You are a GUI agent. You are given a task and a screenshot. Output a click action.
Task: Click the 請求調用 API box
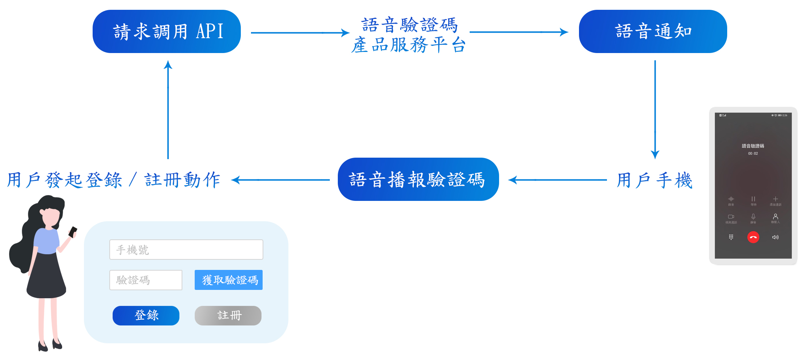[167, 32]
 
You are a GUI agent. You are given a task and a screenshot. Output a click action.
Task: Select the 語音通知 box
[653, 32]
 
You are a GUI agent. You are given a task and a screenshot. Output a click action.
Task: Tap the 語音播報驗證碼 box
[418, 179]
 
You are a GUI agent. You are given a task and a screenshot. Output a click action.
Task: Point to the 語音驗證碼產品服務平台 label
[409, 35]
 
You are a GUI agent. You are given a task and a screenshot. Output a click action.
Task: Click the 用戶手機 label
[655, 180]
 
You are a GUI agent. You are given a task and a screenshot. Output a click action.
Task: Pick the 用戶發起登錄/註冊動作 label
[114, 180]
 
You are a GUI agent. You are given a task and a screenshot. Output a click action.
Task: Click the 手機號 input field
[186, 250]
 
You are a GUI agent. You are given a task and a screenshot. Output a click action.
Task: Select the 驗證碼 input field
[146, 280]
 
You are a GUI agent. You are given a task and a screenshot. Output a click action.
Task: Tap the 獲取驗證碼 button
[228, 280]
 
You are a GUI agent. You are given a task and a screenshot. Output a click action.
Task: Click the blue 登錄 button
[146, 315]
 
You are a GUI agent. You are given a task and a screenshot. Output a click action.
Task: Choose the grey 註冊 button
[228, 315]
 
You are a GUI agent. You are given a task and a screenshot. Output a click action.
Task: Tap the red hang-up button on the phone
[753, 237]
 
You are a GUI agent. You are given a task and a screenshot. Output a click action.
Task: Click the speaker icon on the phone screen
[775, 237]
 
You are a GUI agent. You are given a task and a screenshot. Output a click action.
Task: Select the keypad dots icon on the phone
[731, 237]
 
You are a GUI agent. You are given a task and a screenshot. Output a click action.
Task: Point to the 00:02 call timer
[753, 154]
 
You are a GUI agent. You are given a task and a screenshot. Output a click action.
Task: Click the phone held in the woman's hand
[73, 231]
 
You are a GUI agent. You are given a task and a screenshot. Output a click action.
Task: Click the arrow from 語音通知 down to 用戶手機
[655, 109]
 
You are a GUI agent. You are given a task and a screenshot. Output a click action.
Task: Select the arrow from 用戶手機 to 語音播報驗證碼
[558, 180]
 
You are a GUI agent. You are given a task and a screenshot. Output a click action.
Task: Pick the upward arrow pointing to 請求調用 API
[168, 109]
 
